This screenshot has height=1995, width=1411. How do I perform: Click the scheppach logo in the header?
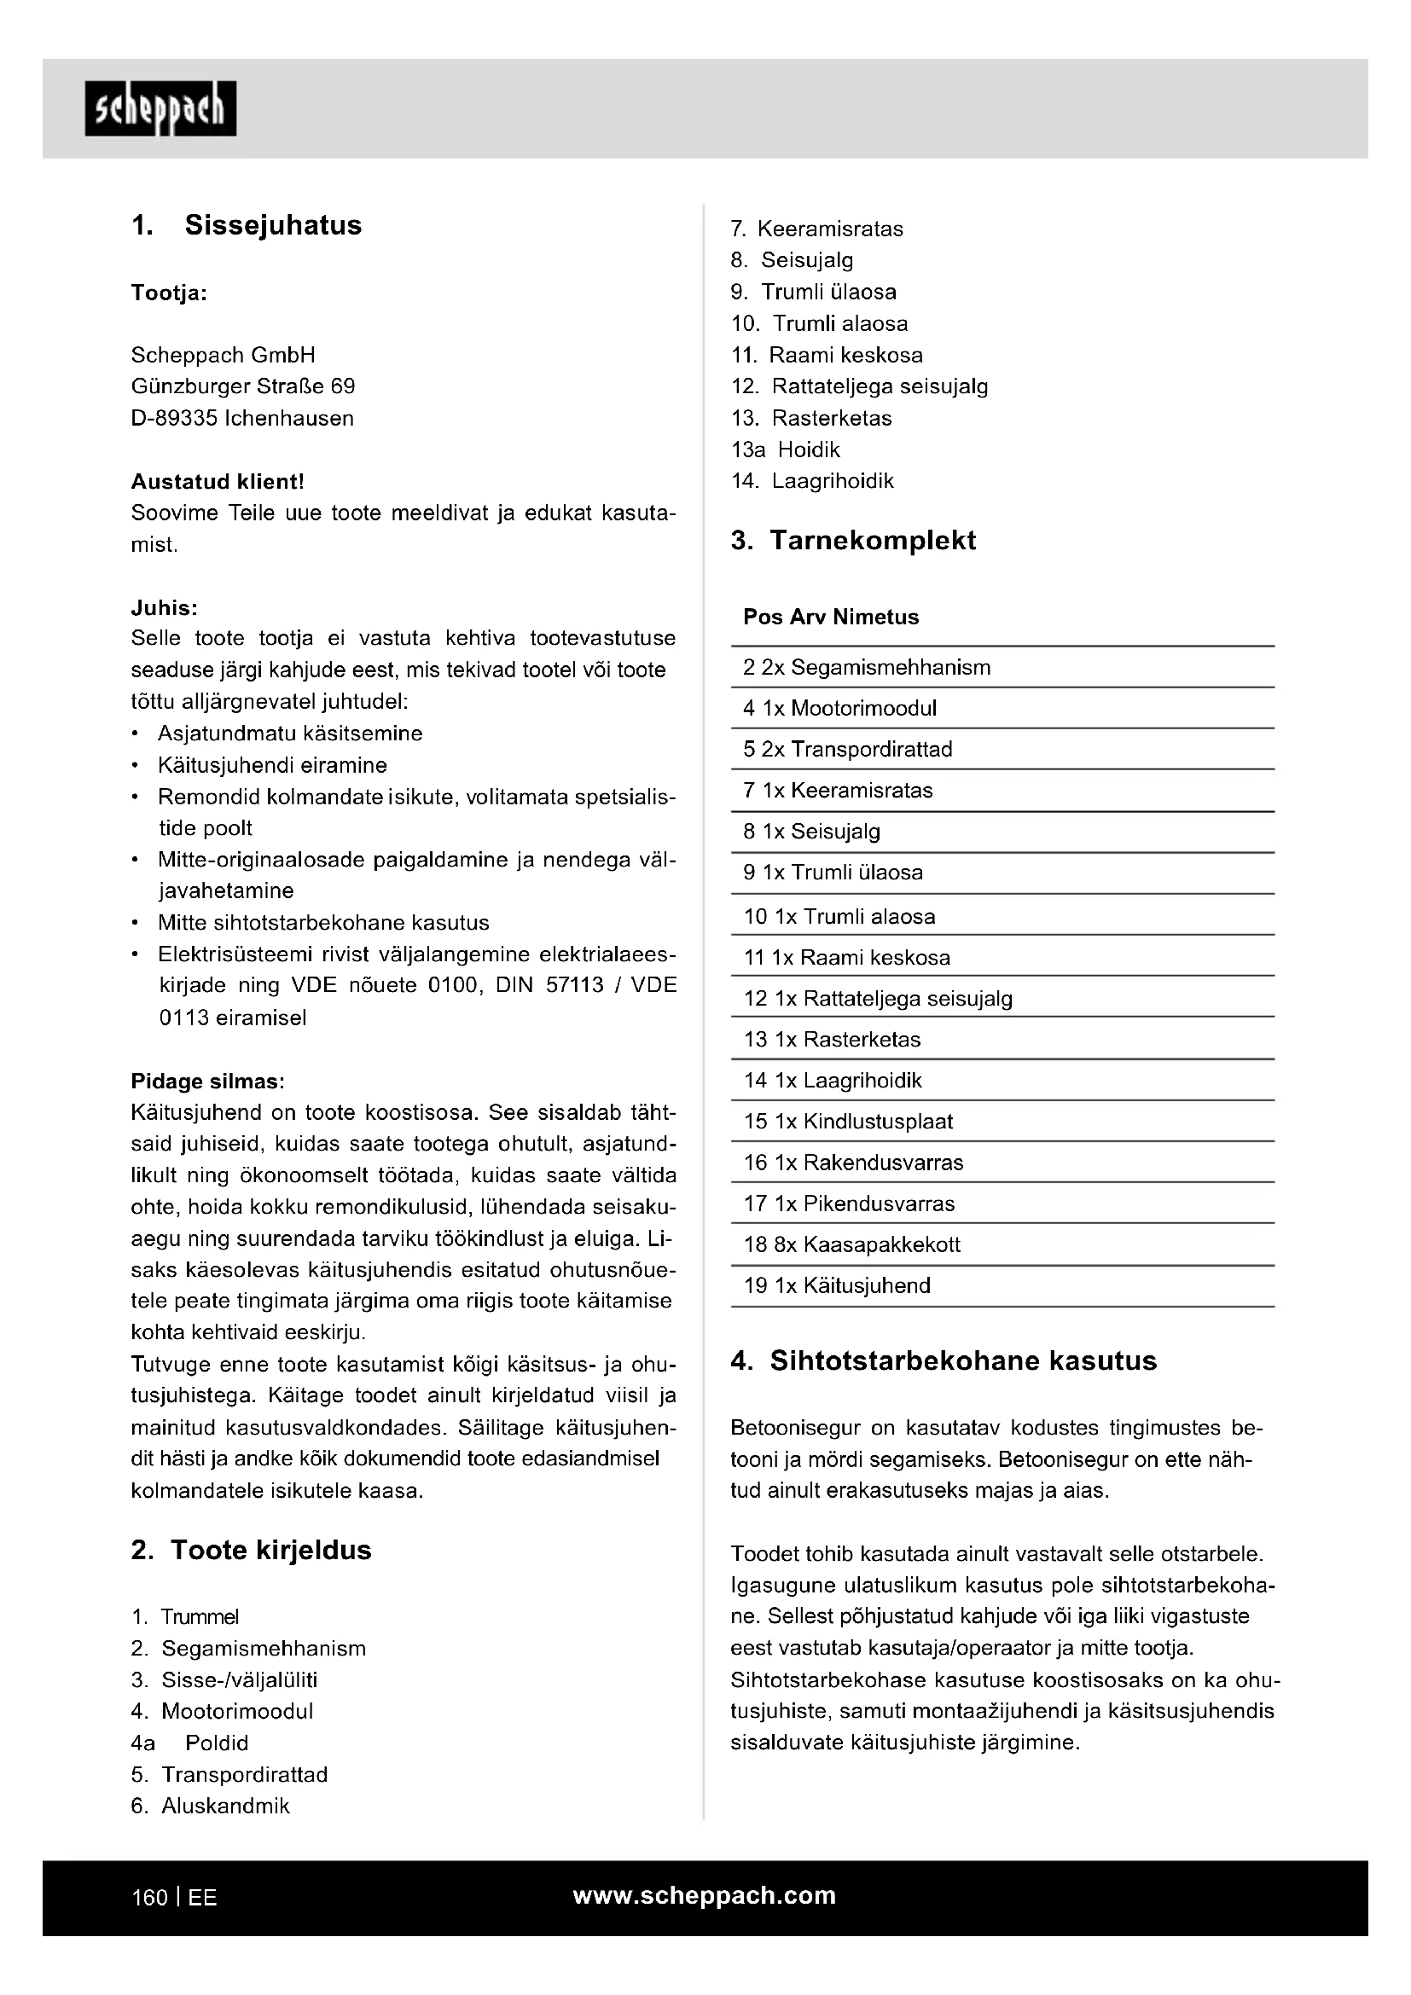click(x=160, y=108)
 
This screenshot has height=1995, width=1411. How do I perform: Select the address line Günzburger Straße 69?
click(x=242, y=386)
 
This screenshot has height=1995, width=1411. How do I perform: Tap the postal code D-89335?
click(x=174, y=418)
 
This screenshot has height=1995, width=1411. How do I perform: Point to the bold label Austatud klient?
click(x=218, y=481)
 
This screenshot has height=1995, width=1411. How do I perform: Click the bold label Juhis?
click(x=164, y=607)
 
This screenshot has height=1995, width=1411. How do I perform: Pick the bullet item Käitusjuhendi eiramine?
click(x=272, y=764)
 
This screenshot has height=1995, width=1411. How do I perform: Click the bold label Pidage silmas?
click(x=207, y=1081)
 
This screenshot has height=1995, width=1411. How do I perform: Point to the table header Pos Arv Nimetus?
click(x=831, y=617)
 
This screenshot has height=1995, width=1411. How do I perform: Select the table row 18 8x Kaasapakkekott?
click(x=851, y=1244)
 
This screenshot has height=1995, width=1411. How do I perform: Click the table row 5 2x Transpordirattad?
click(x=847, y=749)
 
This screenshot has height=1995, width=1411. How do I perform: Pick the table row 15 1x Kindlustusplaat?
click(x=848, y=1121)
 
